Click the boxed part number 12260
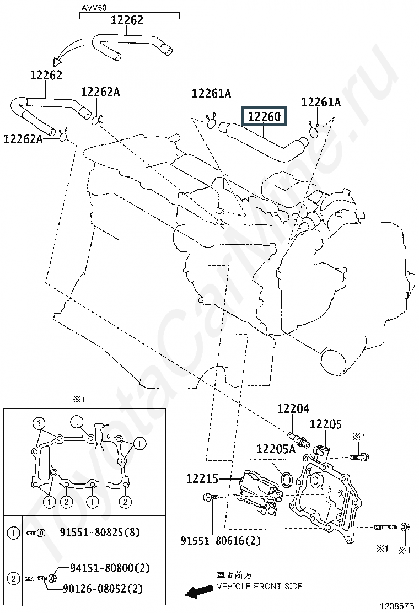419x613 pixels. [x=264, y=116]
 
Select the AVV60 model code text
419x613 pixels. [x=94, y=8]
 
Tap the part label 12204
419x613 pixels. [x=293, y=409]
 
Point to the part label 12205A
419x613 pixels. [x=276, y=448]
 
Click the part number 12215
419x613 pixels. [x=202, y=478]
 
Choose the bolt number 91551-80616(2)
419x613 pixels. [x=221, y=541]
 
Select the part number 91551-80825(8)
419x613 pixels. [x=100, y=532]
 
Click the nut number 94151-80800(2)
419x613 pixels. [x=110, y=568]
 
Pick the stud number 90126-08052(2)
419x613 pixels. [x=103, y=588]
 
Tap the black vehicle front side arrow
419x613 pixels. [x=197, y=591]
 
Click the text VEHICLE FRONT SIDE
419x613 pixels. [x=260, y=587]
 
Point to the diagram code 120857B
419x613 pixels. [x=396, y=606]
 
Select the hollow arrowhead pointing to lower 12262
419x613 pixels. [x=57, y=61]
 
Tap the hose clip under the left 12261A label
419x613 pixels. [x=211, y=122]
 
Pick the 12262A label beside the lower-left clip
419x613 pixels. [x=23, y=138]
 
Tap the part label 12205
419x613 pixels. [x=326, y=424]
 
